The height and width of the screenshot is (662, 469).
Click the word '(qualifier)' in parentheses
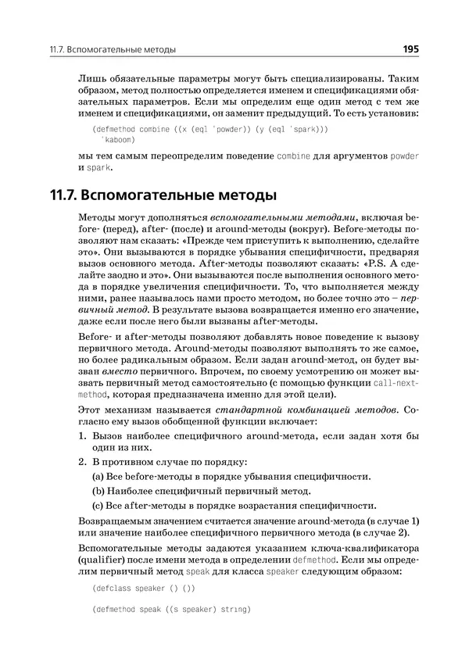coord(104,561)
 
